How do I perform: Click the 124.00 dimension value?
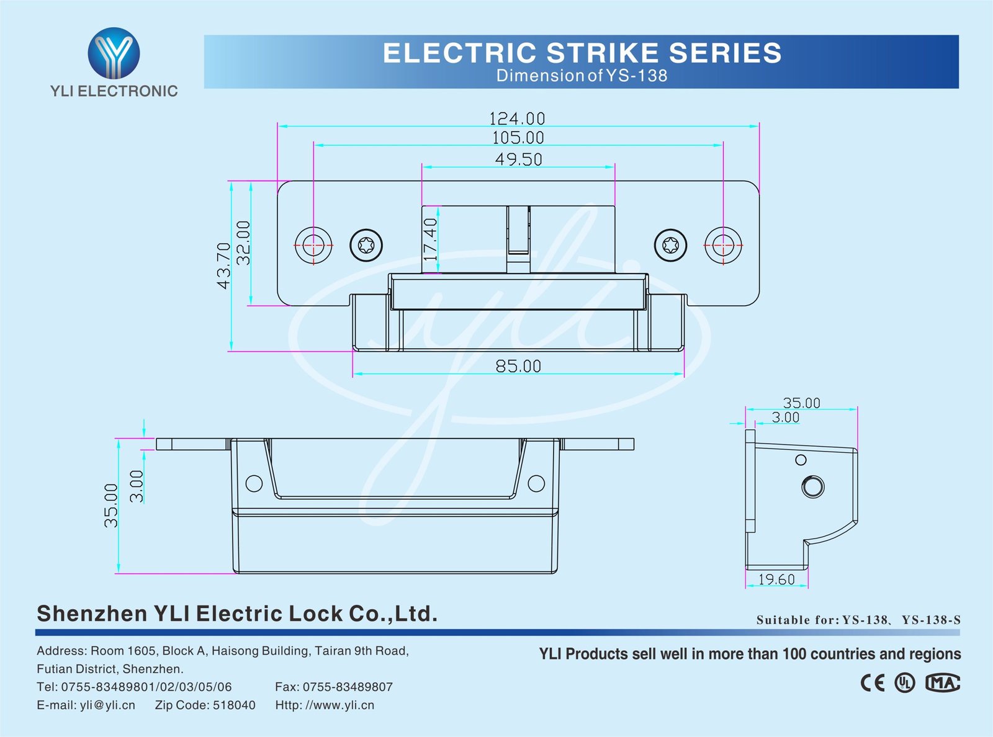tap(517, 118)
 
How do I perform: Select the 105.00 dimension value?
tap(518, 138)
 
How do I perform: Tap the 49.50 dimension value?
tap(518, 159)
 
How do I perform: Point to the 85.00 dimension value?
tap(518, 366)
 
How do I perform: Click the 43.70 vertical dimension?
tap(223, 266)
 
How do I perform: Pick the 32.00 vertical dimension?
tap(244, 243)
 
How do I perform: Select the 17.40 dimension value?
tap(431, 239)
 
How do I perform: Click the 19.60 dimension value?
tap(776, 579)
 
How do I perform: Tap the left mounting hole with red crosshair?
tap(313, 245)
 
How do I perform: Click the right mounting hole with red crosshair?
tap(723, 245)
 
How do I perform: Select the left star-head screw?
tap(366, 245)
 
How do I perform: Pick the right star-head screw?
tap(670, 245)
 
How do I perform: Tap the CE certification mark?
tap(873, 683)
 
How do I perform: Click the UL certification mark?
tap(905, 683)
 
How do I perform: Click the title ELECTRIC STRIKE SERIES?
tap(582, 53)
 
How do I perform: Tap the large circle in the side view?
tap(813, 486)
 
